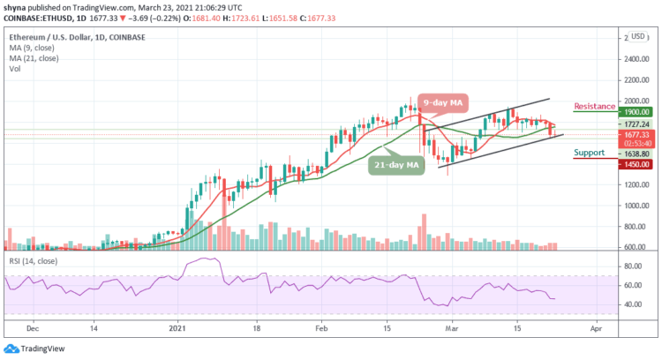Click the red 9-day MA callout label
[445, 102]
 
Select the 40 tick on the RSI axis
[633, 304]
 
